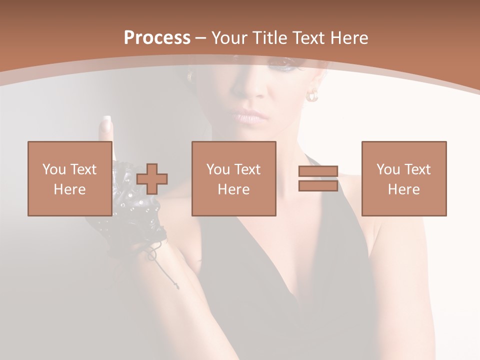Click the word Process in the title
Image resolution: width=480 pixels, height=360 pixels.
click(x=157, y=38)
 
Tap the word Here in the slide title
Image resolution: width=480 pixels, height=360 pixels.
click(x=349, y=38)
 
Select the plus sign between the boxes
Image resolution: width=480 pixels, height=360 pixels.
click(x=152, y=178)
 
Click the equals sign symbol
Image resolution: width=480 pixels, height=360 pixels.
click(x=318, y=178)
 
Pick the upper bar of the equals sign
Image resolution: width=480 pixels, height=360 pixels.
click(x=318, y=171)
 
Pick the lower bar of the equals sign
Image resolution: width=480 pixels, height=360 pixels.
click(x=318, y=185)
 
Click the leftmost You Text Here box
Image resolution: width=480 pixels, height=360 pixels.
click(x=69, y=178)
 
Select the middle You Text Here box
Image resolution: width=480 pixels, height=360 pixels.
click(x=233, y=178)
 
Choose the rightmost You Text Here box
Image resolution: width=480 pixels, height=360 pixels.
click(x=403, y=178)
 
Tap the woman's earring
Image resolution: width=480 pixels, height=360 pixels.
click(x=313, y=95)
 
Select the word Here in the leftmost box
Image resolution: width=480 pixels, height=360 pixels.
click(x=69, y=189)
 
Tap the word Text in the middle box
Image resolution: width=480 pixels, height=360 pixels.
click(x=247, y=169)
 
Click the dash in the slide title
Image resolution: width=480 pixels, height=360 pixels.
click(x=200, y=38)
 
